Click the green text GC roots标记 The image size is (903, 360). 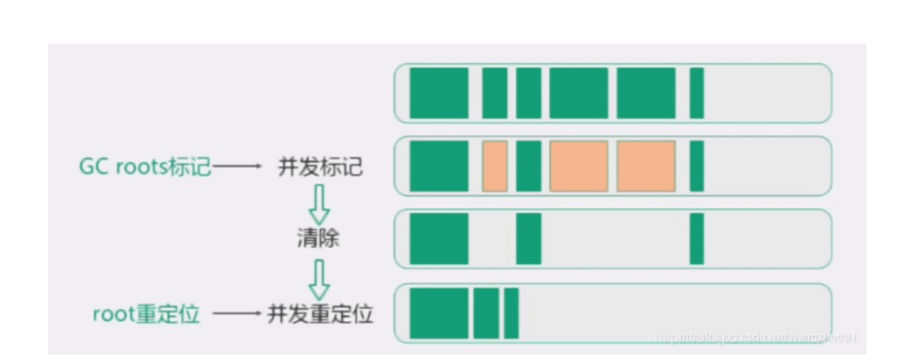[x=145, y=166]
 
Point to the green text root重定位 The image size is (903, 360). [x=146, y=314]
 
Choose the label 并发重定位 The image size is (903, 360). [x=321, y=314]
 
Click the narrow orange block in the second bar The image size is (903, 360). [x=494, y=166]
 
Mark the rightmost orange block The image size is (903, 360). [x=646, y=166]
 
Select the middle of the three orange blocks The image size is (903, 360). [x=578, y=166]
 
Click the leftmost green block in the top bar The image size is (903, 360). [x=438, y=93]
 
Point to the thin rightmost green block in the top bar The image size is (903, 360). [x=696, y=93]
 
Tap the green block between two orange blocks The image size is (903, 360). [x=528, y=166]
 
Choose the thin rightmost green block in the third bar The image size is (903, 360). [x=696, y=239]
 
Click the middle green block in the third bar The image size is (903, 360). [x=528, y=239]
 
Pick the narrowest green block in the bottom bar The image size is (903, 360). [x=511, y=314]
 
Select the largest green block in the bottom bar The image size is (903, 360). [x=438, y=314]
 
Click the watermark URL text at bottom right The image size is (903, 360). [x=756, y=336]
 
